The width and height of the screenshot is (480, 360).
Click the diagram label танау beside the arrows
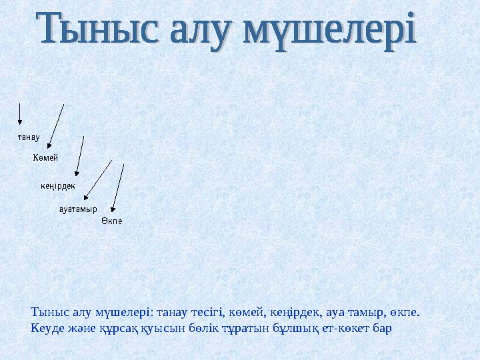tap(28, 138)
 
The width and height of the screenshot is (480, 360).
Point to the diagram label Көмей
tap(45, 157)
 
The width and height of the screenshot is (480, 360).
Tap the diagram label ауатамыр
tap(79, 208)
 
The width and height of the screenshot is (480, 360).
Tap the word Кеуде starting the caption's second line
tap(47, 329)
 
